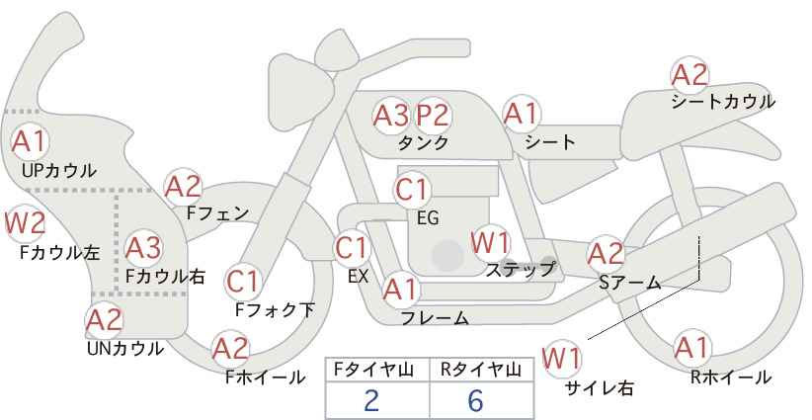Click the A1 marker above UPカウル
(x=30, y=141)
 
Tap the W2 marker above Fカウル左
(x=25, y=223)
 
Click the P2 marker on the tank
(x=433, y=116)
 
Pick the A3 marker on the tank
(x=391, y=116)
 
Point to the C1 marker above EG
(x=412, y=190)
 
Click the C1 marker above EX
(x=352, y=249)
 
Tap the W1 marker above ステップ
(x=490, y=243)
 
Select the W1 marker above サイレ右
(x=561, y=359)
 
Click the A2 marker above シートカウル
(x=690, y=75)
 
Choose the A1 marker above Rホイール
(x=691, y=348)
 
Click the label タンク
(x=423, y=143)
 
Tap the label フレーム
(x=435, y=318)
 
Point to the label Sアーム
(x=630, y=283)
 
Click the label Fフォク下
(x=275, y=309)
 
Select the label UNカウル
(x=125, y=349)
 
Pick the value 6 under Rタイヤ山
(x=475, y=400)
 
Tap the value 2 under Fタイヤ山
(x=371, y=400)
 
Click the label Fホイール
(x=265, y=378)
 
